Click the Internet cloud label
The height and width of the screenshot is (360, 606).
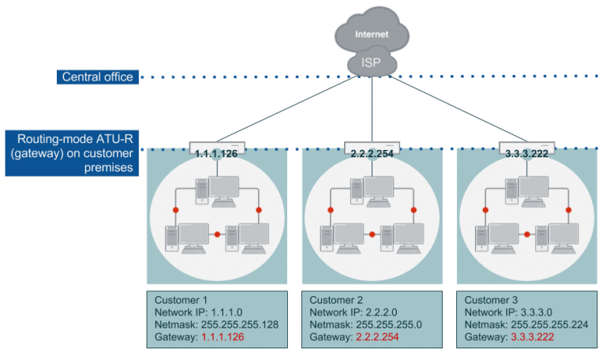[x=372, y=35]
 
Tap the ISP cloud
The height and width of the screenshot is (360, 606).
[x=372, y=62]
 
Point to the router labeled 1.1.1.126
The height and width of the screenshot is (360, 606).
[x=217, y=147]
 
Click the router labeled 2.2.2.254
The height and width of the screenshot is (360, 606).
[x=372, y=147]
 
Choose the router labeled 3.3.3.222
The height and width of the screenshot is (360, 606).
[x=527, y=147]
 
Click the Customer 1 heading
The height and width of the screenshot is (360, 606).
[x=181, y=300]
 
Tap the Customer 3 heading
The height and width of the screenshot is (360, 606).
[x=492, y=300]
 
